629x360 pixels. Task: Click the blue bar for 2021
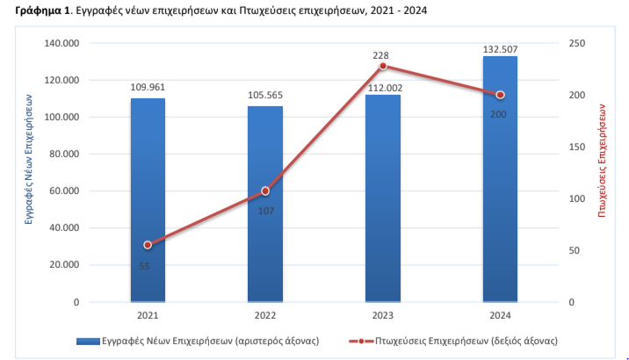click(148, 200)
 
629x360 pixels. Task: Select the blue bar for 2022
click(265, 204)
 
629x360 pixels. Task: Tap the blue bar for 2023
click(383, 198)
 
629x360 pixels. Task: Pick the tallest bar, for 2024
click(500, 179)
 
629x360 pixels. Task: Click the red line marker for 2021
click(148, 245)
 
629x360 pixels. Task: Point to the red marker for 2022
click(265, 191)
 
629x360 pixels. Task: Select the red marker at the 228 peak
click(383, 66)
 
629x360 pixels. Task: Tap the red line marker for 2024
click(500, 95)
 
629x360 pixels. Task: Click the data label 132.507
click(500, 49)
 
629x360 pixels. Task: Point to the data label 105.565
click(265, 95)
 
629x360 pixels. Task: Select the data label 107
click(266, 211)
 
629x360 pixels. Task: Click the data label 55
click(144, 266)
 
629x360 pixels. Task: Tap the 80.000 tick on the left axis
click(64, 154)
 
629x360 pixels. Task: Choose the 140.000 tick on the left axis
click(61, 43)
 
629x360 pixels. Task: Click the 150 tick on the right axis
click(577, 148)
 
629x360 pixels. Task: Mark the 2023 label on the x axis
click(383, 315)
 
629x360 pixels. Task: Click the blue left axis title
click(28, 159)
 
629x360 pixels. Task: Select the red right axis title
click(602, 161)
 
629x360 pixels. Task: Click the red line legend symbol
click(361, 342)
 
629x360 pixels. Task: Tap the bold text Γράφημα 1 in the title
click(42, 11)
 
